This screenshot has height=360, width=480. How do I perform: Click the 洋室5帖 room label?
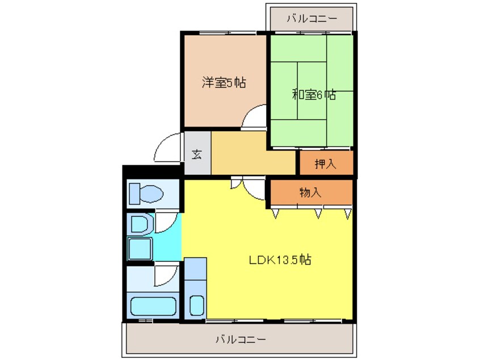click(x=224, y=82)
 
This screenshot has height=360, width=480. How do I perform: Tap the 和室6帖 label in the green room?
click(x=314, y=94)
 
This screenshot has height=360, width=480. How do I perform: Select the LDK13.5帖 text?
click(x=280, y=260)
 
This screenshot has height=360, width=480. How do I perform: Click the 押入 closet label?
click(x=326, y=164)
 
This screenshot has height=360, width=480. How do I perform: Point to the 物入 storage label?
click(x=310, y=192)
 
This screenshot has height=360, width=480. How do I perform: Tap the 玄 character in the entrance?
click(x=197, y=154)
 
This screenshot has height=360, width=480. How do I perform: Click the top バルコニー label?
click(x=312, y=19)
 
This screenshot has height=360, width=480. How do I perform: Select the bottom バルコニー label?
click(x=241, y=340)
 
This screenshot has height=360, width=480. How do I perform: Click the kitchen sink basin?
click(x=196, y=305)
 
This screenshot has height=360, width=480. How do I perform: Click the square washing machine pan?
click(x=140, y=249)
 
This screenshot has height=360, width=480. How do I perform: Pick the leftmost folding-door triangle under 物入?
click(x=276, y=214)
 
